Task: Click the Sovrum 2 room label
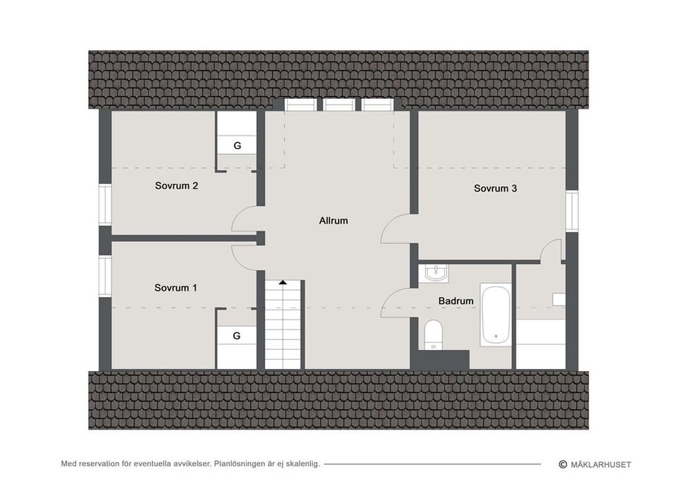pos(176,186)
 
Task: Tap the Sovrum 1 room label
pos(176,288)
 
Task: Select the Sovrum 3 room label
pos(495,188)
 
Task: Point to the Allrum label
pos(334,221)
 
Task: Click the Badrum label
pos(456,301)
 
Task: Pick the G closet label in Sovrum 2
pos(237,146)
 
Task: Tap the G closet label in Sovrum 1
pos(237,336)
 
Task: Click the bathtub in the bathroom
pos(496,315)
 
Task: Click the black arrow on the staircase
pos(282,282)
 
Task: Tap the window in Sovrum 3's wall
pos(572,212)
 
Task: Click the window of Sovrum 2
pos(105,205)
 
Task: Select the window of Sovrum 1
pos(105,276)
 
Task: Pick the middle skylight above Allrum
pos(339,104)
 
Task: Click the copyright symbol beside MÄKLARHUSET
pos(563,464)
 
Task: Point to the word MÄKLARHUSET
pos(601,465)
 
